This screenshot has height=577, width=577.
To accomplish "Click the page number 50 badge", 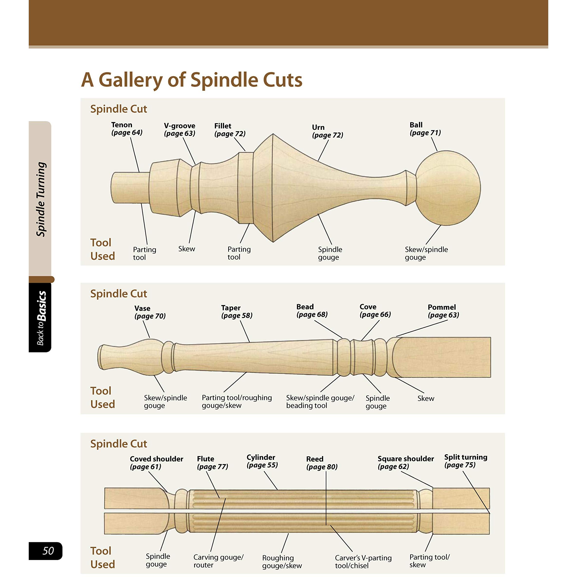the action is coord(45,551).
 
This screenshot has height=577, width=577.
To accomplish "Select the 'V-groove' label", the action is coord(180,125).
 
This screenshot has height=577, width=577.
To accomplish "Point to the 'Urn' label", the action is coord(318,127).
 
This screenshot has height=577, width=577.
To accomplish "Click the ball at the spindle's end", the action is coord(448,188).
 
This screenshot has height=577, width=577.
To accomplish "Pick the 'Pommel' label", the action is coord(442,307).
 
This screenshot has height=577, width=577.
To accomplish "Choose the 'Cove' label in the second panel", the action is coord(368,307).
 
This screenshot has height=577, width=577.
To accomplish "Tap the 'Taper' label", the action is coord(231,308).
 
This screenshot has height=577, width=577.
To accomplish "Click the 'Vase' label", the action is coord(142,308).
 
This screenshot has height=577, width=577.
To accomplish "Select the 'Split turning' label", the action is coord(466,457).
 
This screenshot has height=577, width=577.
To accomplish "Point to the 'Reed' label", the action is coord(315,459).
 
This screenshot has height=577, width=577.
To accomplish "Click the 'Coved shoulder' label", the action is coord(157,459).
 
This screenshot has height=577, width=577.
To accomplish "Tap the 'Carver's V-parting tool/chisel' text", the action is coord(363,561).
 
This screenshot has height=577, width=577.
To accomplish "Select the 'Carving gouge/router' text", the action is coord(218,561).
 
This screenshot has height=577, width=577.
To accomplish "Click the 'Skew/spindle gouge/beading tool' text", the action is coord(320,402).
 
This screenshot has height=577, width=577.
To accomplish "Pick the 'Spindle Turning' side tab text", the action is coord(41,199).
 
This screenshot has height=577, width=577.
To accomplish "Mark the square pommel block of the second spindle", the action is coord(441,357).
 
